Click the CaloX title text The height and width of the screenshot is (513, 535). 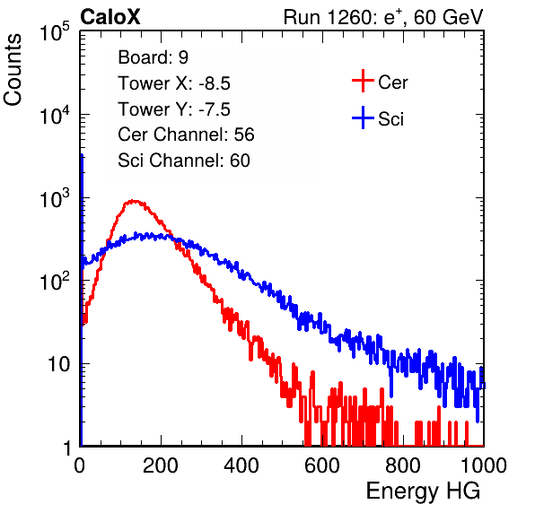(x=110, y=17)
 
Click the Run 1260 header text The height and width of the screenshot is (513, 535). (x=383, y=17)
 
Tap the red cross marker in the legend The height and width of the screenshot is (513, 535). (x=363, y=81)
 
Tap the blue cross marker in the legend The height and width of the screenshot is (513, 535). (x=363, y=117)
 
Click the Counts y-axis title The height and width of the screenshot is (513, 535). (x=13, y=70)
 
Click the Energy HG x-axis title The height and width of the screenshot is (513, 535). (x=423, y=491)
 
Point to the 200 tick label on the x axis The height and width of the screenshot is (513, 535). (x=161, y=465)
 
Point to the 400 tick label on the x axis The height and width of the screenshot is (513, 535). (x=241, y=465)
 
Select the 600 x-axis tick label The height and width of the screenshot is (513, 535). (x=322, y=465)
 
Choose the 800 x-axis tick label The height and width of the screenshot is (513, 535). (x=403, y=465)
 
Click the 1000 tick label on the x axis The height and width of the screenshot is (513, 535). (x=484, y=465)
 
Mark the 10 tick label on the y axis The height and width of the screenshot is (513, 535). (x=58, y=364)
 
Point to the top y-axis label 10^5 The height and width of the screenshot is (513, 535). (x=55, y=31)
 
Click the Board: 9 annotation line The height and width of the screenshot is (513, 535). (x=153, y=57)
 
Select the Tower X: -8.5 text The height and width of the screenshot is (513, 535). (x=174, y=83)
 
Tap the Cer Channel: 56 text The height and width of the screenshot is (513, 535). (x=186, y=135)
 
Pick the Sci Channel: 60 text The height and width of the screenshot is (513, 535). (x=184, y=161)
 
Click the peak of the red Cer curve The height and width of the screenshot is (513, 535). (x=134, y=201)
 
